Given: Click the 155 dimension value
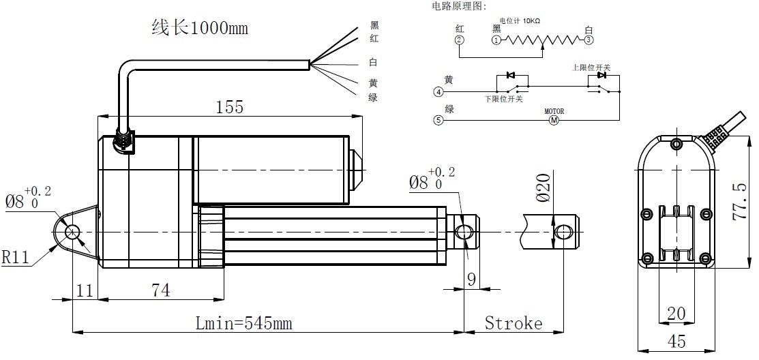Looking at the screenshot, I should pyautogui.click(x=230, y=107).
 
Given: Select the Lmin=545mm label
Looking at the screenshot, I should pyautogui.click(x=243, y=323).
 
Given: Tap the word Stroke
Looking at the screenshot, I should pyautogui.click(x=514, y=323).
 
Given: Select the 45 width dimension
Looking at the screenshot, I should pyautogui.click(x=677, y=342).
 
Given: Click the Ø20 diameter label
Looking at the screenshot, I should pyautogui.click(x=543, y=187).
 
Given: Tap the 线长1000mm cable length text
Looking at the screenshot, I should pyautogui.click(x=199, y=29).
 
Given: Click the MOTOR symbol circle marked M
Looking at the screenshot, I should pyautogui.click(x=554, y=121).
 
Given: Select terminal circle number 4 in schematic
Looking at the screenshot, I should pyautogui.click(x=438, y=92).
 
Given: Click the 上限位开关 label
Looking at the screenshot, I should pyautogui.click(x=591, y=68).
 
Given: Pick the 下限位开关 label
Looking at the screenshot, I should pyautogui.click(x=503, y=99).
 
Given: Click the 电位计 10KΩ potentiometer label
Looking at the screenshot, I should pyautogui.click(x=520, y=21).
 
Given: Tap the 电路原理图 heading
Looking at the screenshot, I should pyautogui.click(x=459, y=6).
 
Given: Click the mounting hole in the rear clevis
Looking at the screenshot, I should pyautogui.click(x=71, y=232).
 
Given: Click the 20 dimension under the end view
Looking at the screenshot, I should pyautogui.click(x=676, y=313).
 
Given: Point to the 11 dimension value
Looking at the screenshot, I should pyautogui.click(x=85, y=290).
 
